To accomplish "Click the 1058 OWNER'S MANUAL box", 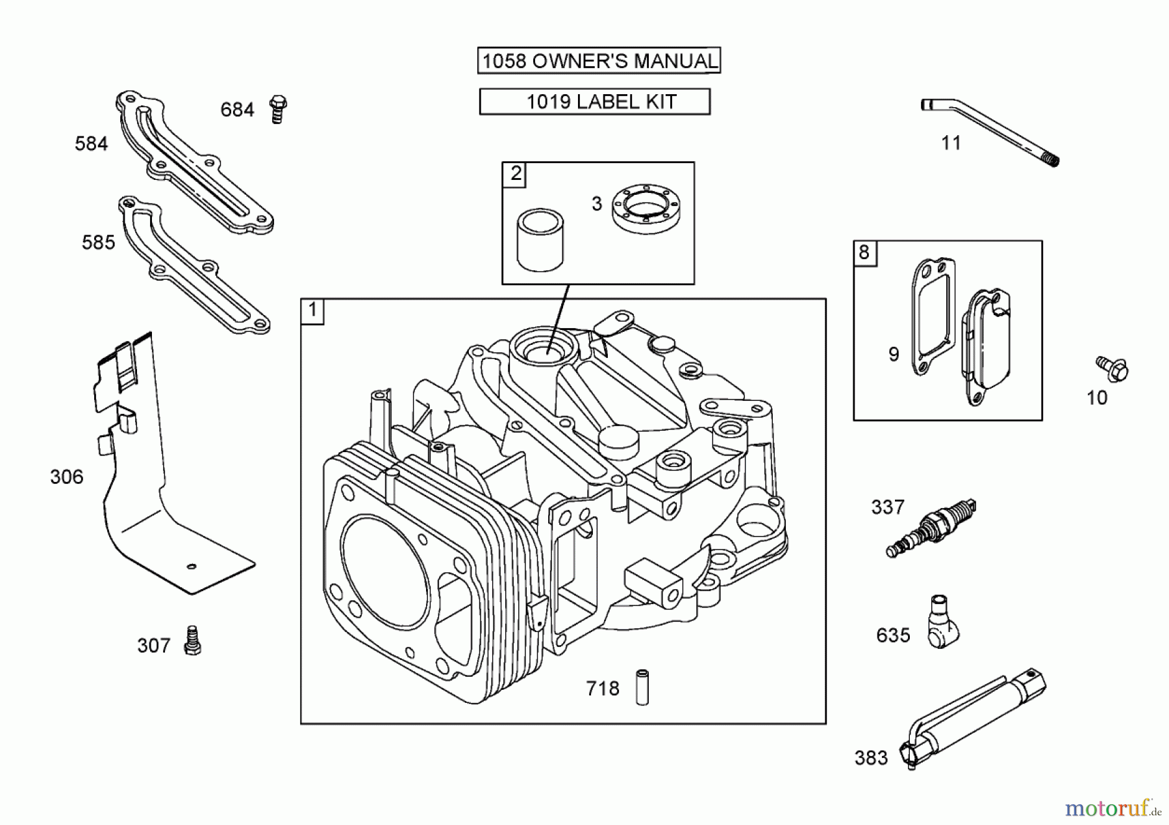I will [599, 61].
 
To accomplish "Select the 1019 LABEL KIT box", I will [594, 102].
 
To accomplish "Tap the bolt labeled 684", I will [278, 109].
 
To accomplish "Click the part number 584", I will [91, 144].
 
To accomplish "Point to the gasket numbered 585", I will [195, 266].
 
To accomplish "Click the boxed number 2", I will [515, 174].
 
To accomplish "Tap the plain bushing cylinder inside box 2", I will [540, 240].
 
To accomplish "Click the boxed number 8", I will [864, 253].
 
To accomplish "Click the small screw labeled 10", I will [1112, 368].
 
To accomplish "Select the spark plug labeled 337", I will [931, 527].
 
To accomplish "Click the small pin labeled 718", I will [642, 687].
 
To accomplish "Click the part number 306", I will [67, 477].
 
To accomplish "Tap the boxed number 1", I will [312, 311].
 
